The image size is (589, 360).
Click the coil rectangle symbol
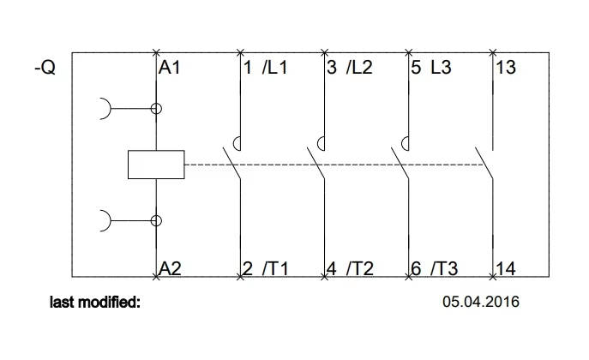point(155,165)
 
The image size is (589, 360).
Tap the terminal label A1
point(170,67)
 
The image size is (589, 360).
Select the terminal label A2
point(171,268)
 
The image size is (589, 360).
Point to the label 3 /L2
point(350,67)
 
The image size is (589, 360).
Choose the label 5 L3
point(430,67)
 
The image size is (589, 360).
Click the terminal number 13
point(506,67)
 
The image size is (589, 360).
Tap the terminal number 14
point(506,268)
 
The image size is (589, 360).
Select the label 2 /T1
point(266,268)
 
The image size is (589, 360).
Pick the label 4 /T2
point(350,268)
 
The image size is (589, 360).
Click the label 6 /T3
point(434,268)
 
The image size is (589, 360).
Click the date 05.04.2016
point(481,302)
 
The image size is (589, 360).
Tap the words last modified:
point(95,302)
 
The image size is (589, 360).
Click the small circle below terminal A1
point(156,109)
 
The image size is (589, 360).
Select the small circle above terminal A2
point(156,220)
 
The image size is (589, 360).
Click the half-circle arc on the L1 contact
point(243,143)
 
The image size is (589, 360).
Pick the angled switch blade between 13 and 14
point(485,164)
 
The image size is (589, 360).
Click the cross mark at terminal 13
point(495,53)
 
